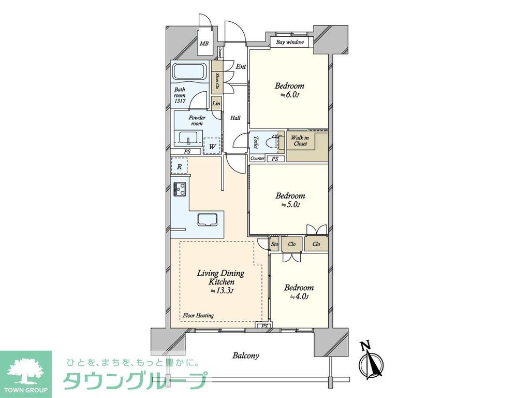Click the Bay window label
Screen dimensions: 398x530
[290, 42]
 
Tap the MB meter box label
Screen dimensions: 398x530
[204, 44]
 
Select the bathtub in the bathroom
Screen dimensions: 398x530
[189, 72]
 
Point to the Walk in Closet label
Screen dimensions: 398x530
[300, 140]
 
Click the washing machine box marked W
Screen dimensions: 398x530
[212, 146]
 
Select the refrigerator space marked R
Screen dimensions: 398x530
[179, 166]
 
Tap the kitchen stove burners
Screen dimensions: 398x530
[180, 189]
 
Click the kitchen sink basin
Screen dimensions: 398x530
[207, 219]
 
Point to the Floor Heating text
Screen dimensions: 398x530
[198, 315]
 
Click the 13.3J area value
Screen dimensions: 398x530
[222, 291]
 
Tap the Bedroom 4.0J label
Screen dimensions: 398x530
[299, 292]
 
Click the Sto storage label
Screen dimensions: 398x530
[275, 244]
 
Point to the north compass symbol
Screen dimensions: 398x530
[372, 361]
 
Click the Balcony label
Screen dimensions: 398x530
[245, 356]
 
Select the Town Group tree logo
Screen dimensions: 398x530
[25, 369]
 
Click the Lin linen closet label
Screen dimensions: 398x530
[216, 104]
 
